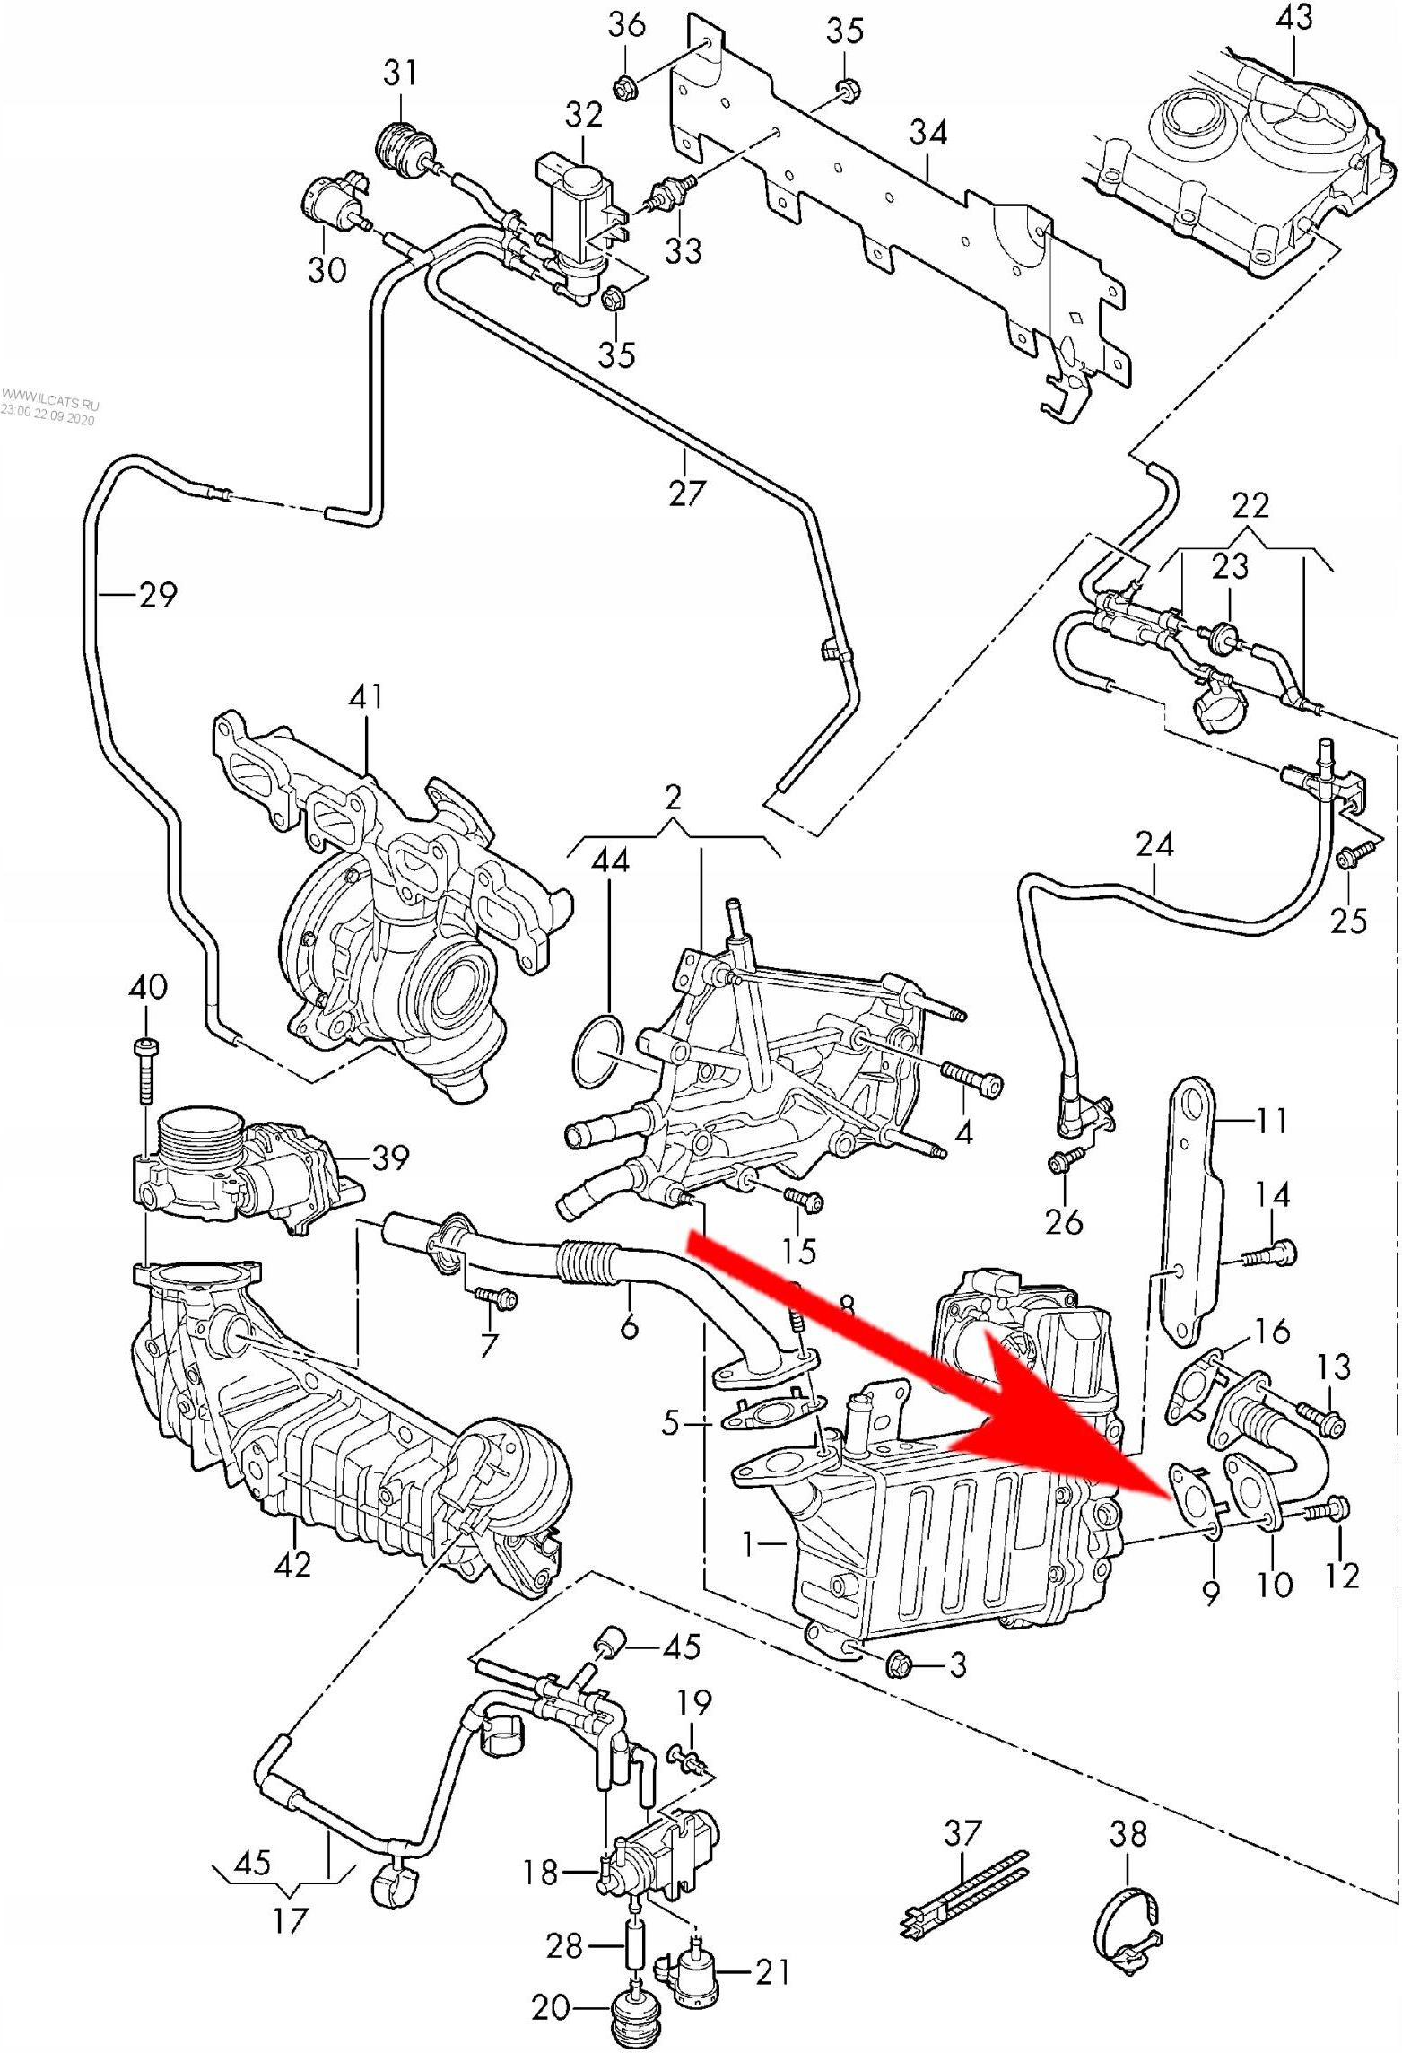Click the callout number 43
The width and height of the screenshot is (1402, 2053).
(x=1295, y=19)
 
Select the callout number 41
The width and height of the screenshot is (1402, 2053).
(x=366, y=697)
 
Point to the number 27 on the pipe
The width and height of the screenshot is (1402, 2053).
(x=686, y=493)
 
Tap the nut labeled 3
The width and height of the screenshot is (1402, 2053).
(x=900, y=1665)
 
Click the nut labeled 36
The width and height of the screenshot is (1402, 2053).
(x=623, y=87)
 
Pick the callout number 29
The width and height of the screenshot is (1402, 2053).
(x=159, y=595)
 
